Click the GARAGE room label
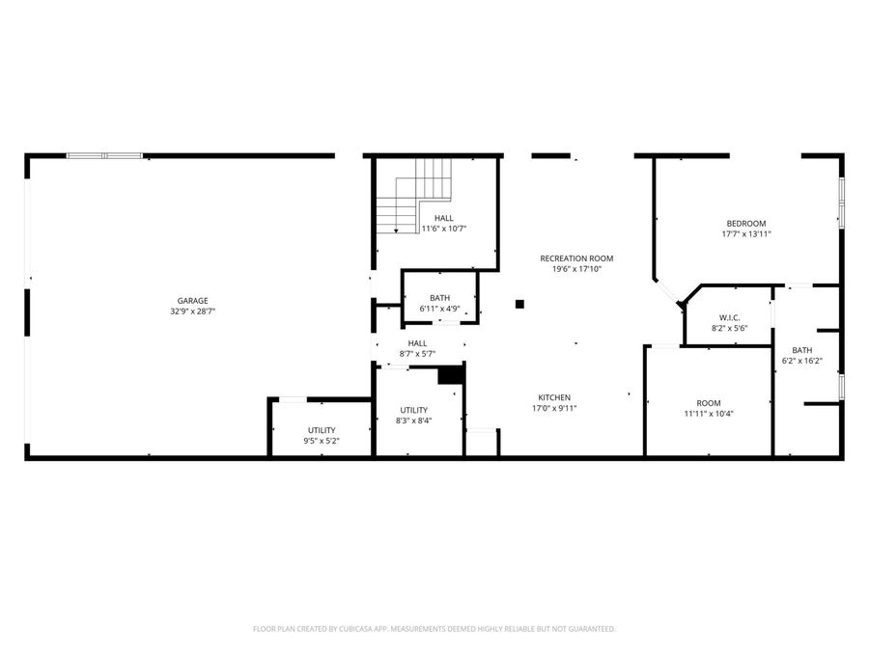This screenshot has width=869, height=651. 192,301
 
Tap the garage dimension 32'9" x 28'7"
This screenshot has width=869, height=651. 192,312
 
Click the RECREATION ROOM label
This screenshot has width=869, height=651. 576,258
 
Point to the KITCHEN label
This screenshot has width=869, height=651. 554,397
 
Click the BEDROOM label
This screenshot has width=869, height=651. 746,224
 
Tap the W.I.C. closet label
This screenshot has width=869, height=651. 729,317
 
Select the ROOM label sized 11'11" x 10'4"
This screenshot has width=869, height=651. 709,403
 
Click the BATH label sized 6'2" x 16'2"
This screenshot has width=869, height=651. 801,350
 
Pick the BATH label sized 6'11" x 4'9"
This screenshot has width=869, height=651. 439,298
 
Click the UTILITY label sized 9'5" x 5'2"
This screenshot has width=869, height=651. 322,430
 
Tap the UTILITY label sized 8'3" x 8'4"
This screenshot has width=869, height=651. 414,410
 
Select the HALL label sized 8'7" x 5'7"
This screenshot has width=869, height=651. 417,343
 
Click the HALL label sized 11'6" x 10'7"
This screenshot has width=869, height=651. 443,218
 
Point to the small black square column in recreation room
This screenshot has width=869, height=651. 519,304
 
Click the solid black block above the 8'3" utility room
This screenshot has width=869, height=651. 450,374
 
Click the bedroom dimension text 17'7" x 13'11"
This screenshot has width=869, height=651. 746,234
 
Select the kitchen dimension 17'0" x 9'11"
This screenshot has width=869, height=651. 554,408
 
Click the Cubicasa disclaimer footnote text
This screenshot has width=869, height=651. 434,629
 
